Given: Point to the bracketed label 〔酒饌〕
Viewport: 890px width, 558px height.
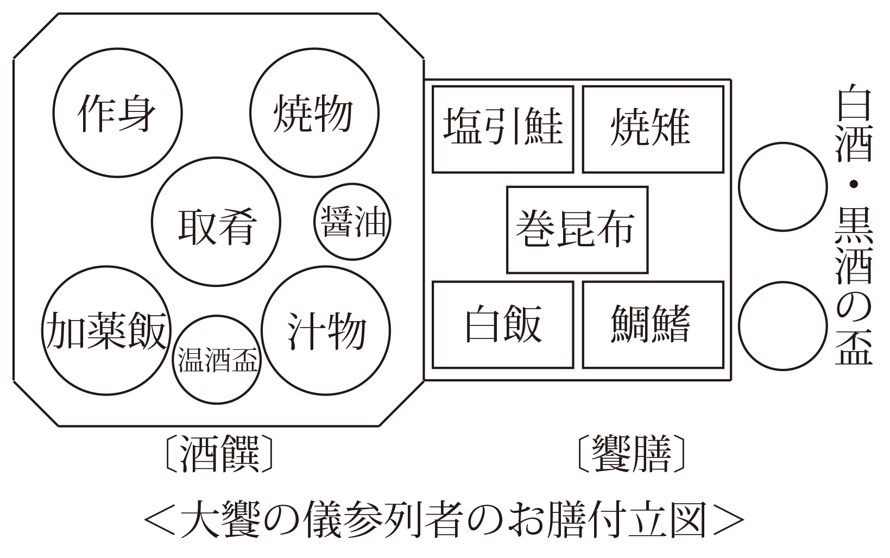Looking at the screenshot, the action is [219, 454].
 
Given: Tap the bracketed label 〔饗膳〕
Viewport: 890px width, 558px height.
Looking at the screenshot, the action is [632, 454].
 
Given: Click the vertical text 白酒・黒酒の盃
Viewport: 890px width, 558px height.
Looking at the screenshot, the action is [854, 224].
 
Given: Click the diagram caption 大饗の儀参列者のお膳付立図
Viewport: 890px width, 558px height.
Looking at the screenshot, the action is [444, 519].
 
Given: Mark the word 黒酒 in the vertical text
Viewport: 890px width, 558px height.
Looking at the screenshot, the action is [854, 247].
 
